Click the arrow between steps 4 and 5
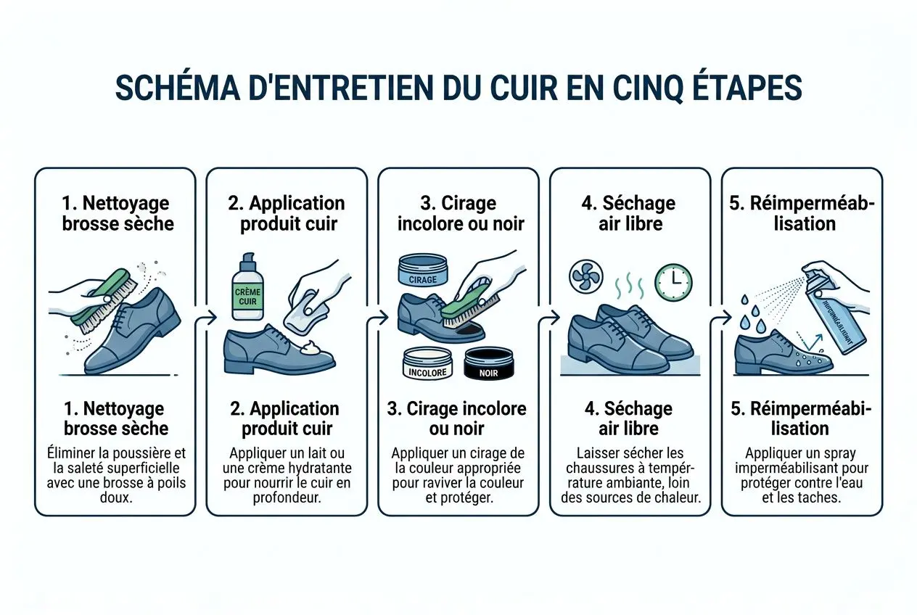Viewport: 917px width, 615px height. point(723,317)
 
